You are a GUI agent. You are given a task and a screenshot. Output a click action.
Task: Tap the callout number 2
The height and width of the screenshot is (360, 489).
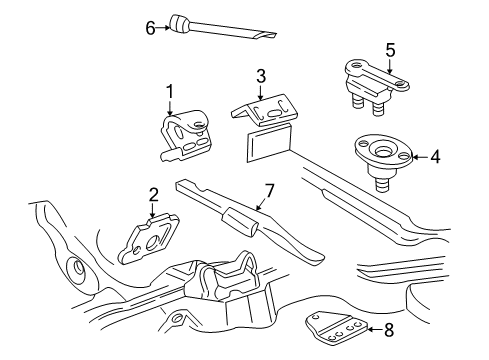pyautogui.click(x=153, y=194)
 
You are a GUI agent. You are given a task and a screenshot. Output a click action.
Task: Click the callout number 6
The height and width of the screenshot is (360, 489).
pyautogui.click(x=150, y=27)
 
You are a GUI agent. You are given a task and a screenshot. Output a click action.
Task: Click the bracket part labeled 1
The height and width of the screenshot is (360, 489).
pyautogui.click(x=183, y=136)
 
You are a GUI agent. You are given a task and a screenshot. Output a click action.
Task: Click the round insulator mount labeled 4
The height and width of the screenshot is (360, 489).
pyautogui.click(x=380, y=152)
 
